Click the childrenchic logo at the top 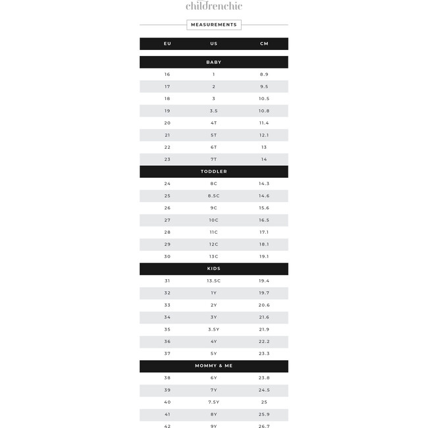214,6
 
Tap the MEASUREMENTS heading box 214,25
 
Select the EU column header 167,43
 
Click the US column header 214,43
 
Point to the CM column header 264,43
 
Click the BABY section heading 214,62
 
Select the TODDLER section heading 214,171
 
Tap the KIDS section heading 214,269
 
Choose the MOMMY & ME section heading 214,365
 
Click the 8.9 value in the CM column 264,74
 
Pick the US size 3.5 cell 214,111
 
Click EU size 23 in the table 167,159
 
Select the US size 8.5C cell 214,196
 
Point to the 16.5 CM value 264,220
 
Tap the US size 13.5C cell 214,281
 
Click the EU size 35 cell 167,329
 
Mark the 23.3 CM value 264,354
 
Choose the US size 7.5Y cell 214,402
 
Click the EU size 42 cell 167,426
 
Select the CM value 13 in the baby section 264,147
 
